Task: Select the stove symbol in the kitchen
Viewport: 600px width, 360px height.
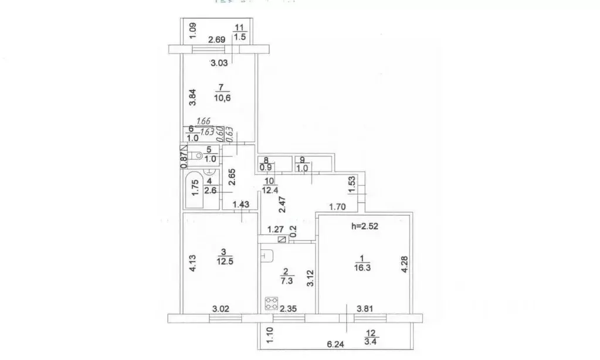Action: (272, 304)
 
